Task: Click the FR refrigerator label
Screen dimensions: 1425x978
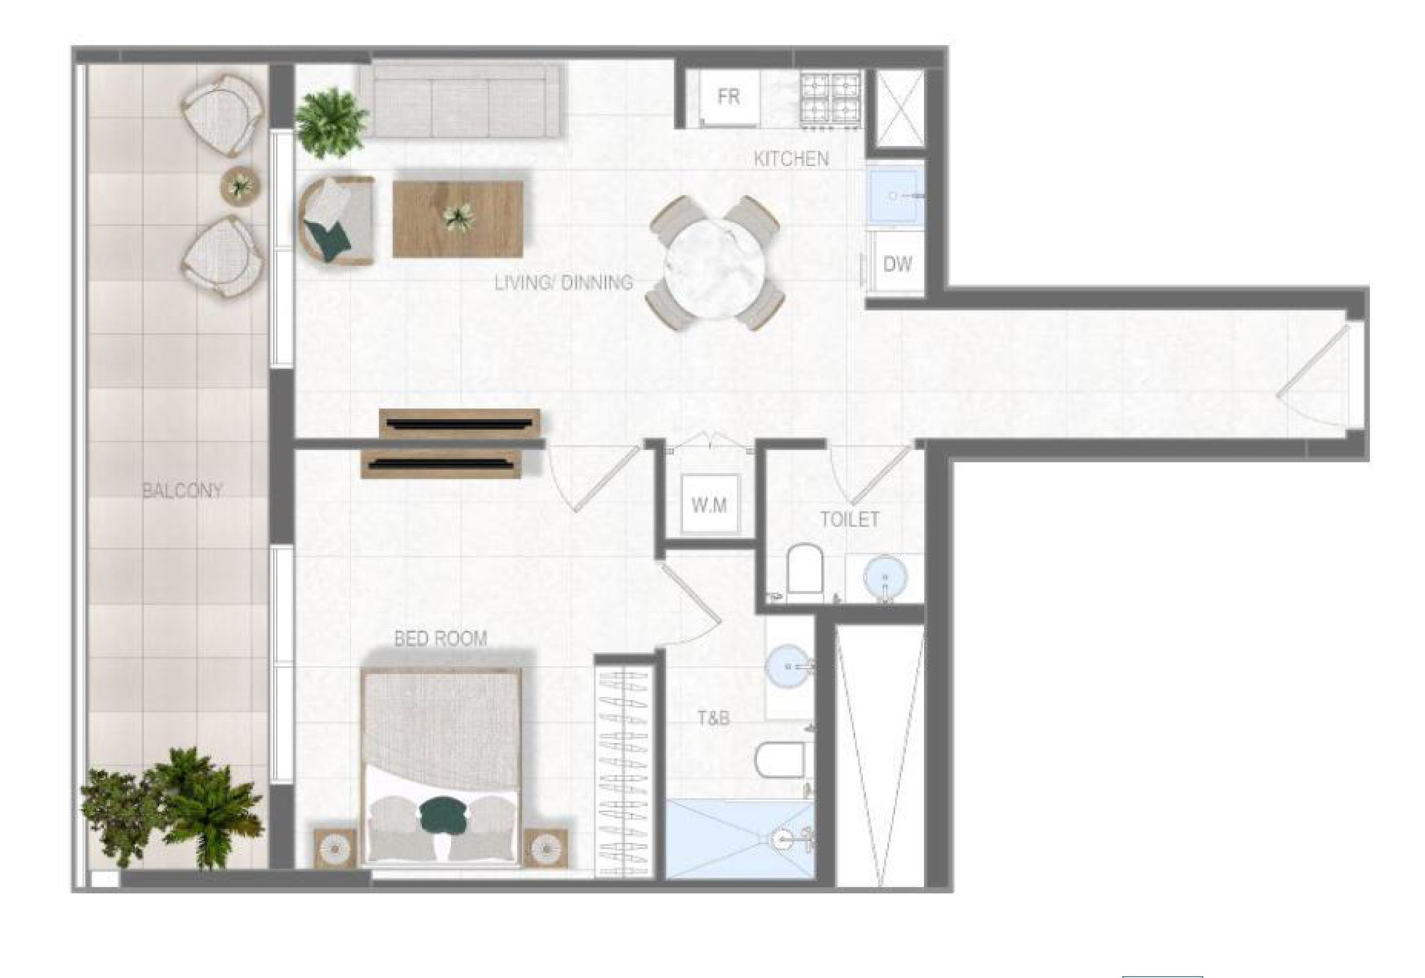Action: pyautogui.click(x=728, y=96)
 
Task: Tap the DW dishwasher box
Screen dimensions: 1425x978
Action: pyautogui.click(x=896, y=264)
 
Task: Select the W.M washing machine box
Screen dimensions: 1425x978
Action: pyautogui.click(x=710, y=504)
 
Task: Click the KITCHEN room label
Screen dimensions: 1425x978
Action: pyautogui.click(x=791, y=159)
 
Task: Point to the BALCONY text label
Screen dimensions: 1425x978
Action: pyautogui.click(x=182, y=490)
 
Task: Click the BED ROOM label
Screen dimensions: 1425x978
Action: pyautogui.click(x=440, y=638)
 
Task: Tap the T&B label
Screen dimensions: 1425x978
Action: pyautogui.click(x=713, y=718)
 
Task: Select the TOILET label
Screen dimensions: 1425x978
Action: pyautogui.click(x=849, y=519)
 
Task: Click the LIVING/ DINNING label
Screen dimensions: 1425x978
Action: pyautogui.click(x=564, y=283)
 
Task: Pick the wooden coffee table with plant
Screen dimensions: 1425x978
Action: pyautogui.click(x=458, y=219)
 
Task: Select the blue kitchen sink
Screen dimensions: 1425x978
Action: pyautogui.click(x=896, y=194)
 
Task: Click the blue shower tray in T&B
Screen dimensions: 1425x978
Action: pyautogui.click(x=740, y=838)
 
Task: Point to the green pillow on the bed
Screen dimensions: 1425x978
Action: pyautogui.click(x=442, y=813)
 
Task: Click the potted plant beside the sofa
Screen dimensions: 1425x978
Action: pyautogui.click(x=331, y=122)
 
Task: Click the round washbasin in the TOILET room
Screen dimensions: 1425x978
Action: pyautogui.click(x=885, y=576)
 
